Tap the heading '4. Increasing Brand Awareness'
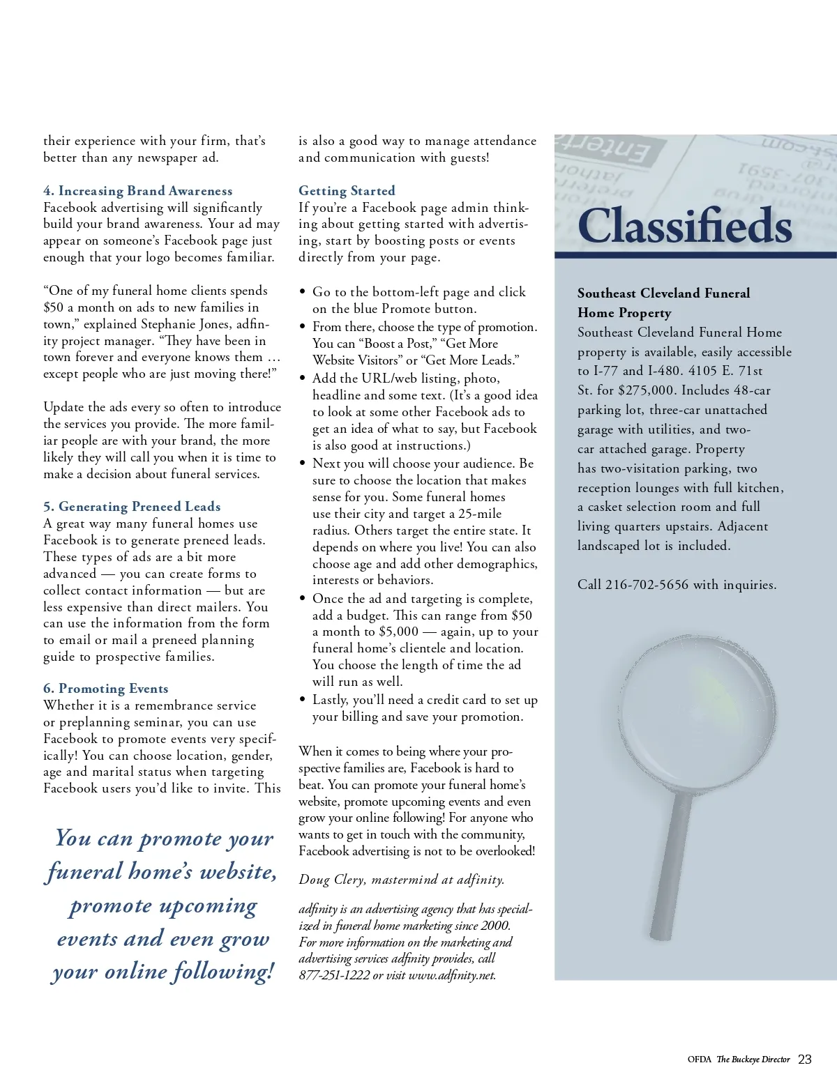(x=137, y=191)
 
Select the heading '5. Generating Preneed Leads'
(x=132, y=507)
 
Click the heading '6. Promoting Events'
(x=105, y=689)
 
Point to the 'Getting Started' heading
(x=347, y=191)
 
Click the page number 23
(x=804, y=1060)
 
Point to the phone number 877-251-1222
(x=334, y=975)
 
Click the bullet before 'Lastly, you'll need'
(x=302, y=700)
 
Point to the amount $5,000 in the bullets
(x=398, y=632)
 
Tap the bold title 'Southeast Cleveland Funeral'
(x=663, y=293)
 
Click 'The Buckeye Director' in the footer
(x=753, y=1060)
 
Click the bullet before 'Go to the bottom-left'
(x=302, y=292)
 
